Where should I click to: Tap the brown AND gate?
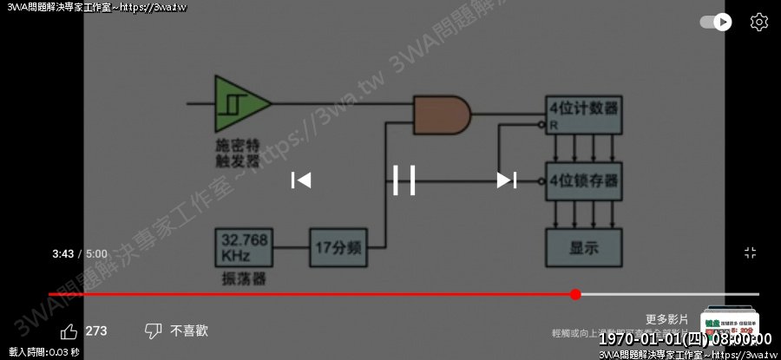(x=443, y=115)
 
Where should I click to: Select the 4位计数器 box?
(x=583, y=114)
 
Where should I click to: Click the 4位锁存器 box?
(x=583, y=181)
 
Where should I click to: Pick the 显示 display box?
(x=583, y=246)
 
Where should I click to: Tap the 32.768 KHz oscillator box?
(x=243, y=247)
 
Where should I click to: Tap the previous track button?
(x=300, y=180)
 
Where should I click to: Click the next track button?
(x=507, y=180)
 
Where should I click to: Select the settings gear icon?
(x=758, y=22)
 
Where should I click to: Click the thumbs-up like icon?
(x=69, y=331)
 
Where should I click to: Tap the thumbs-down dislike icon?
(x=153, y=331)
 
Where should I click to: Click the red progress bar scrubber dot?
(x=575, y=295)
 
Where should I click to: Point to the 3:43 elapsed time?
(x=62, y=254)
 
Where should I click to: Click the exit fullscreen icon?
(x=751, y=252)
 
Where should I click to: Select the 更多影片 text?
(x=666, y=319)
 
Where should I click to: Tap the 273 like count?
(x=96, y=331)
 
